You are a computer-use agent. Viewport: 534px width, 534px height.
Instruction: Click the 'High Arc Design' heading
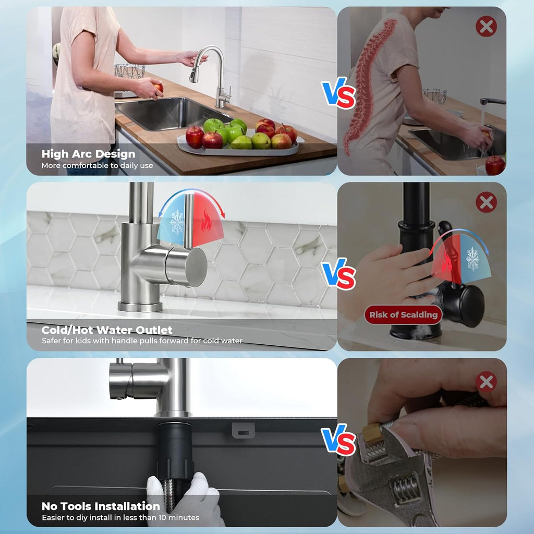(88, 154)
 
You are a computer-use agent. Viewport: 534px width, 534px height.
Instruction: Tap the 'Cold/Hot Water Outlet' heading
(107, 330)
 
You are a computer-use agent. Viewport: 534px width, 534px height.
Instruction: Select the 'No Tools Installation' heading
(101, 506)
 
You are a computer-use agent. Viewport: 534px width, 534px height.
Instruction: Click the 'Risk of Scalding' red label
(403, 314)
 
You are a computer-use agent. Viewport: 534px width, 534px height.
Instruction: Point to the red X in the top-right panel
(486, 26)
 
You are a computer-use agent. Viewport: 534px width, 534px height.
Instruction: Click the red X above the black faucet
(486, 202)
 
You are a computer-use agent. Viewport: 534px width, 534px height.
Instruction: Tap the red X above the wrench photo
(486, 382)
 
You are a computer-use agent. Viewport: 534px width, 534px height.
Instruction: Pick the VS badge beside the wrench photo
(338, 441)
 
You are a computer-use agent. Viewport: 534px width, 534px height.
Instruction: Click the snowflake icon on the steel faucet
(177, 222)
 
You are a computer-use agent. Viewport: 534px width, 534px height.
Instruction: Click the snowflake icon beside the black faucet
(473, 259)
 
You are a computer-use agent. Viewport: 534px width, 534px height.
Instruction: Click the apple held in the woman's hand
(157, 87)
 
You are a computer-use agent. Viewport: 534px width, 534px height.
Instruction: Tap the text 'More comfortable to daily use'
(98, 166)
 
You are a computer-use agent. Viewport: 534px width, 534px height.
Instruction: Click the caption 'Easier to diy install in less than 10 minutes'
(120, 518)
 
